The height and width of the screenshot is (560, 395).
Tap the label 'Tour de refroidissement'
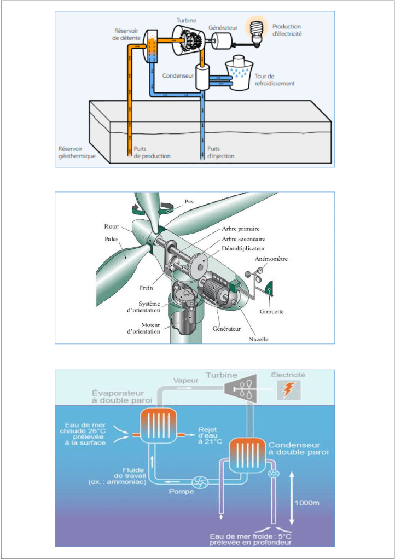(x=275, y=80)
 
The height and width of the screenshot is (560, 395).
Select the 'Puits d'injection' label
(x=221, y=152)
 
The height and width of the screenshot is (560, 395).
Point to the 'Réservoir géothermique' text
(x=77, y=152)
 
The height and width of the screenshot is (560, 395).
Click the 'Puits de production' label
(x=152, y=152)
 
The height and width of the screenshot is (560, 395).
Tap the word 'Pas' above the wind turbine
(x=189, y=201)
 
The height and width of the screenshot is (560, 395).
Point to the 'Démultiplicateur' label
(x=244, y=248)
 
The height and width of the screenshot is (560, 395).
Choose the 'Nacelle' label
(x=259, y=339)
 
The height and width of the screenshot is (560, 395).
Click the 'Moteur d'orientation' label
(x=144, y=328)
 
